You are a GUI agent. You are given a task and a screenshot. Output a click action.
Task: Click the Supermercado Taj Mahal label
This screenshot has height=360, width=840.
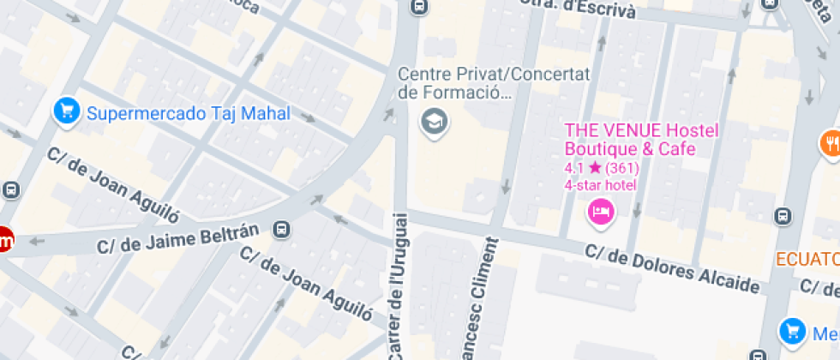tap(189, 113)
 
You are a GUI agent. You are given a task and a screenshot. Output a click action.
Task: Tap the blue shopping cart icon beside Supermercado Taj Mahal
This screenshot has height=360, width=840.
tap(66, 111)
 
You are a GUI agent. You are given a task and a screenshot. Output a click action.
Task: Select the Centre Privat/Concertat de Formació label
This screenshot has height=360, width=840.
tap(495, 83)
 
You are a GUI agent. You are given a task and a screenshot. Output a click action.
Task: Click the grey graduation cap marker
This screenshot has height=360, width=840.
tap(434, 122)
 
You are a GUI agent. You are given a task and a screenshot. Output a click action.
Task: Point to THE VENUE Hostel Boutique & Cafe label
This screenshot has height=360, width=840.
tap(628, 140)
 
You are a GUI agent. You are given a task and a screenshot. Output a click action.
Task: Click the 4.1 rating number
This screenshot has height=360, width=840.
tap(573, 168)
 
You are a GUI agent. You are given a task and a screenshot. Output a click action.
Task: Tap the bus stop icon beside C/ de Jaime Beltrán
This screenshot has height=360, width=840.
tap(281, 230)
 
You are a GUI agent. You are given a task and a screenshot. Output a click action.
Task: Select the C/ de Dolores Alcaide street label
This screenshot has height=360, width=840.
tap(673, 268)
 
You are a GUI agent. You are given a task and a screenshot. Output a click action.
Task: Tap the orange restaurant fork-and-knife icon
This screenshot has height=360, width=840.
tap(831, 142)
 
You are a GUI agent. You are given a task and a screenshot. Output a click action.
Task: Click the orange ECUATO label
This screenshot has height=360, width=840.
tap(807, 259)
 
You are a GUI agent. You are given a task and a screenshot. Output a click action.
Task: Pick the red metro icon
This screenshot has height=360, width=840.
tap(4, 242)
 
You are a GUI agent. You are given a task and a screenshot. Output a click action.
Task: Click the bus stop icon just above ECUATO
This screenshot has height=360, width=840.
tap(783, 216)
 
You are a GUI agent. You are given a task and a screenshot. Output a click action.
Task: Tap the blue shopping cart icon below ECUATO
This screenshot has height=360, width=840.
tap(790, 331)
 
